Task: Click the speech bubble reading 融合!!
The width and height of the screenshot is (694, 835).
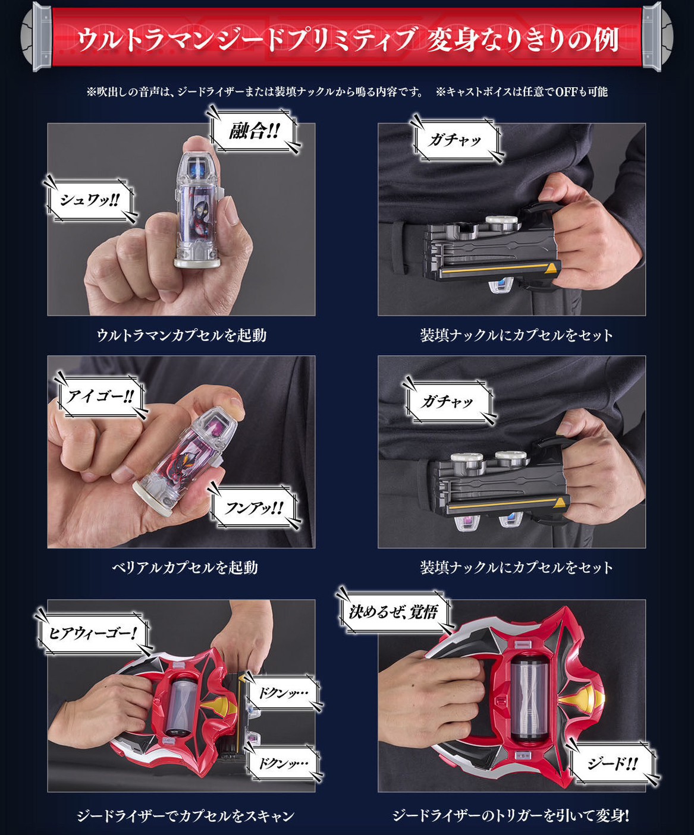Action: (254, 131)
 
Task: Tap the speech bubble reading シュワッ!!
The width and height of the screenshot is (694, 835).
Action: (90, 200)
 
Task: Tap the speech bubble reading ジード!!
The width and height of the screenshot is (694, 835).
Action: (613, 763)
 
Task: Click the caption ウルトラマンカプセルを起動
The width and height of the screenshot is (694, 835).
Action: (181, 335)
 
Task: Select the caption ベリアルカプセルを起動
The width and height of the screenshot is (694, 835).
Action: (185, 568)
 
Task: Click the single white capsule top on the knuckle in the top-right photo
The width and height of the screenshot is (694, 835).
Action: (500, 222)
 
